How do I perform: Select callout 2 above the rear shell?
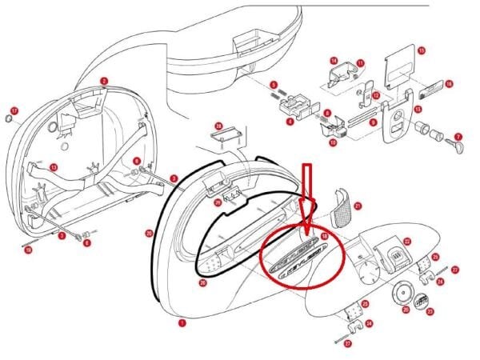(x=104, y=82)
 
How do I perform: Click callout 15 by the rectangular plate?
(x=422, y=50)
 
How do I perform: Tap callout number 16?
(x=449, y=84)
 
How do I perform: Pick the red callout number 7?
(x=458, y=138)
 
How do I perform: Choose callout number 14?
(x=334, y=62)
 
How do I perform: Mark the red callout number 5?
(x=273, y=86)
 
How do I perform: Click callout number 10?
(x=333, y=142)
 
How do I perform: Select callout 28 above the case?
(x=218, y=126)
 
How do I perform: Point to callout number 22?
(x=406, y=241)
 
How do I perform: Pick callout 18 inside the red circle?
(x=324, y=238)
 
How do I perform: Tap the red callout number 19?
(x=28, y=250)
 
